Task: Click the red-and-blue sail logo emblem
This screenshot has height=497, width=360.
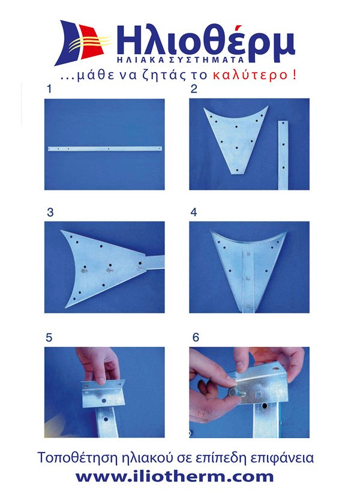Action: pyautogui.click(x=83, y=43)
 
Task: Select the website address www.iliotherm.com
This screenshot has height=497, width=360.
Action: pyautogui.click(x=174, y=477)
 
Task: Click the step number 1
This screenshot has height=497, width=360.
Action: pyautogui.click(x=49, y=89)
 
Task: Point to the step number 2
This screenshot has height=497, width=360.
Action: pyautogui.click(x=194, y=89)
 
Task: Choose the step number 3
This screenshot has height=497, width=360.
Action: pyautogui.click(x=50, y=212)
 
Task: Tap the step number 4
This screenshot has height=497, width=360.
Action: pyautogui.click(x=194, y=212)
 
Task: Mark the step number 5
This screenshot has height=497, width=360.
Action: pyautogui.click(x=49, y=338)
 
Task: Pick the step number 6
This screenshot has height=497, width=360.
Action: pyautogui.click(x=196, y=337)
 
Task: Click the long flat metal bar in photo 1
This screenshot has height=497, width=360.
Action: pyautogui.click(x=105, y=149)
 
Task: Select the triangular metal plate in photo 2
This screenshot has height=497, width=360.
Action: pyautogui.click(x=236, y=140)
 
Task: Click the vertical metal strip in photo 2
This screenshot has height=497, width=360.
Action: pyautogui.click(x=283, y=155)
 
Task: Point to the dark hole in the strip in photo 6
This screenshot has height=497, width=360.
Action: pyautogui.click(x=265, y=406)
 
